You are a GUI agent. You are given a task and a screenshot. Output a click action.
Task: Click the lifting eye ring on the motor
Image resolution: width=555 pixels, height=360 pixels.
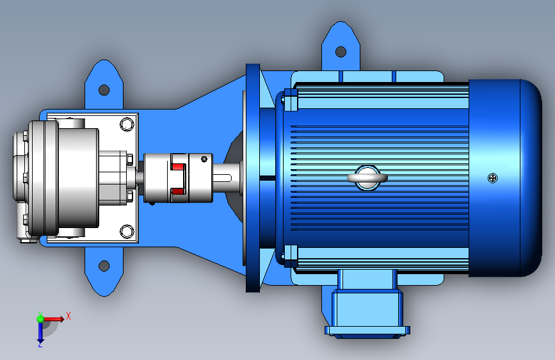point(367,177)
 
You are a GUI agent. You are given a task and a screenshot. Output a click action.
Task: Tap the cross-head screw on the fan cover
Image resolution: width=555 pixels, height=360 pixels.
point(493,178)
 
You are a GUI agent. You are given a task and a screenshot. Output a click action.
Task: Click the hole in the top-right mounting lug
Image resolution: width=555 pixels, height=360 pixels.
point(341,52)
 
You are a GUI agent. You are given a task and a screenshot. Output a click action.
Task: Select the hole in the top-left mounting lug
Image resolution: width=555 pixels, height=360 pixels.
point(104,90)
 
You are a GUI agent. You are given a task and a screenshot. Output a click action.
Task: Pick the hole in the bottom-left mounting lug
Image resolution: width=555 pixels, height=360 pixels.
point(104,265)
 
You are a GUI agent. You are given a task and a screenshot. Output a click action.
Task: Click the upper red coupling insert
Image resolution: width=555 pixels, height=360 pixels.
point(178,166)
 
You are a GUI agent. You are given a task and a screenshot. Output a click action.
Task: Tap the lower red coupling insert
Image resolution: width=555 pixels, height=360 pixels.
point(178,192)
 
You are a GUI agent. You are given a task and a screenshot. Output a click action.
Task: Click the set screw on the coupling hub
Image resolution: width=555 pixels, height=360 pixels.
point(204,159)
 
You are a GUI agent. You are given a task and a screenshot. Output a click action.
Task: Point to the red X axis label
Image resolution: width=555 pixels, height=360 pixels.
point(68,316)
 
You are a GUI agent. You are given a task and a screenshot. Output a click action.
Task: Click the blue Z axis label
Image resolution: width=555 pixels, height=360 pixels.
point(40,344)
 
